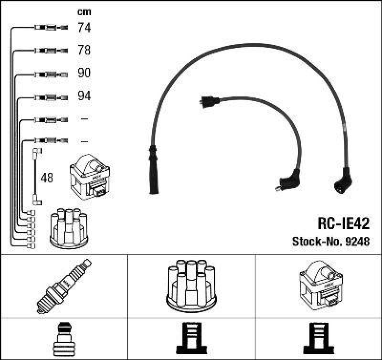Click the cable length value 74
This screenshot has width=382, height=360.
coord(84,28)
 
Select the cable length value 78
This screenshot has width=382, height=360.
coord(84,51)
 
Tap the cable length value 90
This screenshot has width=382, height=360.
coord(84,74)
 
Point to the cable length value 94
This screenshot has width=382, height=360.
coord(84,96)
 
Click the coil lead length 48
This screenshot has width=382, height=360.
coord(47,178)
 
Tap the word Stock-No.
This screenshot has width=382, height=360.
coord(316,242)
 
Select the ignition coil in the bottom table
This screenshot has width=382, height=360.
coord(320,285)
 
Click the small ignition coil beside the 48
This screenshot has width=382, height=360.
coord(90,178)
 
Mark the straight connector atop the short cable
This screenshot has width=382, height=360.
coord(207,101)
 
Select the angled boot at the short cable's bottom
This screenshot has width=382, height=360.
coord(288,181)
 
